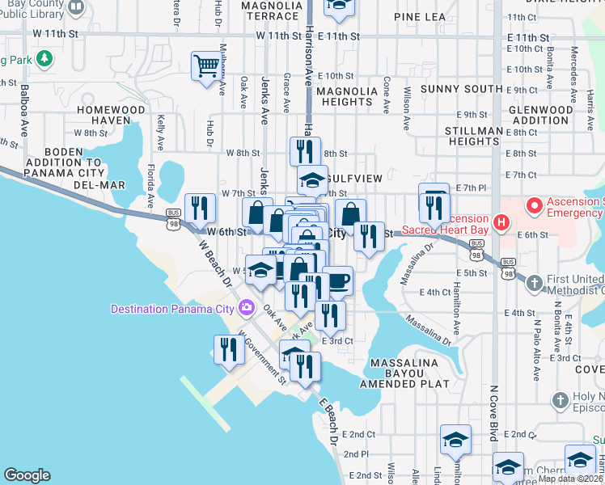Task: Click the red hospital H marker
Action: [x=501, y=221]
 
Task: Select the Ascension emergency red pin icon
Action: [x=534, y=205]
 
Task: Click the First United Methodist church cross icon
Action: [x=534, y=283]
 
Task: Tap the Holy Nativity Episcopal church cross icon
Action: [x=561, y=400]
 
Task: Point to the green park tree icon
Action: [x=46, y=59]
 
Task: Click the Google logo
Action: [x=27, y=475]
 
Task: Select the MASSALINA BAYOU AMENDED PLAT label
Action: [x=408, y=374]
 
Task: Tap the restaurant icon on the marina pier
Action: [x=228, y=349]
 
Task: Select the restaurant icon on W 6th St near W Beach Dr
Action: [x=198, y=209]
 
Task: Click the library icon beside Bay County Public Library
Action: [x=75, y=7]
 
